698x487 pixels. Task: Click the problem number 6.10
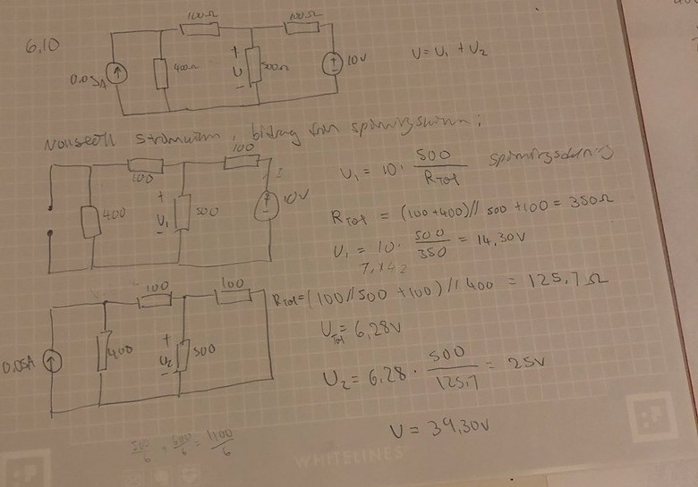click(x=42, y=46)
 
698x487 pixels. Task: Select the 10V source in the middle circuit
click(x=267, y=205)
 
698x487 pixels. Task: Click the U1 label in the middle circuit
click(x=162, y=218)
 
